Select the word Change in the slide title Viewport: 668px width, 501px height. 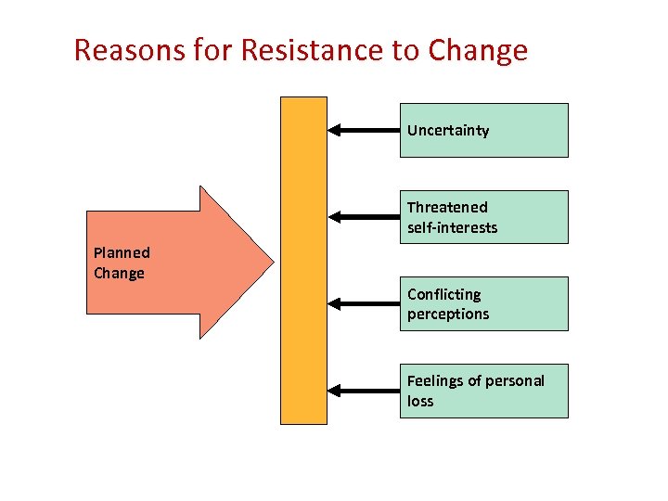pyautogui.click(x=478, y=50)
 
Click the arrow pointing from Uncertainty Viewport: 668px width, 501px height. pyautogui.click(x=364, y=131)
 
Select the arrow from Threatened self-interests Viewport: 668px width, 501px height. pyautogui.click(x=364, y=217)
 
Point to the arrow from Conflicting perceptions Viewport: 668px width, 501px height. pyautogui.click(x=364, y=303)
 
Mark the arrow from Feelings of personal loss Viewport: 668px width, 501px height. pyautogui.click(x=364, y=391)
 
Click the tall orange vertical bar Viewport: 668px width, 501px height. pyautogui.click(x=303, y=260)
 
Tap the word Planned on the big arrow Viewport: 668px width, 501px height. pyautogui.click(x=122, y=252)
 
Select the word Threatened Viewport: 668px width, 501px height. pyautogui.click(x=447, y=207)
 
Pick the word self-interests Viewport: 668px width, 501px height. pyautogui.click(x=452, y=227)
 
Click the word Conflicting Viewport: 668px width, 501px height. pyautogui.click(x=444, y=294)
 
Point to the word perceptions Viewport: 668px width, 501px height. pyautogui.click(x=448, y=314)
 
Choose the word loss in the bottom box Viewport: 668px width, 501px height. pyautogui.click(x=420, y=401)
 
